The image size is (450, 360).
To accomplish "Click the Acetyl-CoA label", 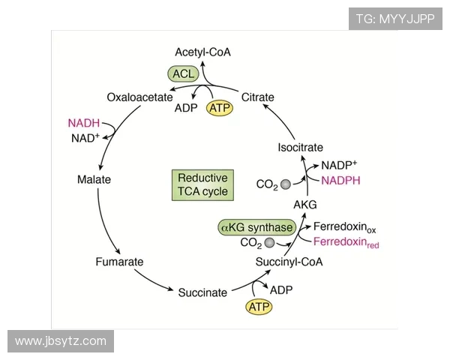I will click(202, 52).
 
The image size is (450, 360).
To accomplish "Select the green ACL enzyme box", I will click(182, 73).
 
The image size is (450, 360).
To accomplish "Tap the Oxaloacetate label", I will click(140, 97).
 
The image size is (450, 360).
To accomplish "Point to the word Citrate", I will click(258, 97).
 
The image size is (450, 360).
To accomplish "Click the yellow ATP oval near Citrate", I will click(220, 108).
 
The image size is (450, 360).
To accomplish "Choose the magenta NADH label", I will click(84, 123).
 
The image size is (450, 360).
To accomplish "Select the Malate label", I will click(94, 180).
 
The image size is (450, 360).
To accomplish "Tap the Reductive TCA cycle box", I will click(202, 184).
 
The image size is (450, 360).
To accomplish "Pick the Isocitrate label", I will click(300, 148).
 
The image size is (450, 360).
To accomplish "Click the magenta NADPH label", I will click(341, 180).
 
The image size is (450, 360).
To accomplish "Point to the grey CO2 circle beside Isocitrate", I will click(285, 183).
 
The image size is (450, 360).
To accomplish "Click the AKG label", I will click(305, 204).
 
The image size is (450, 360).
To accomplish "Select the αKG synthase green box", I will click(256, 226).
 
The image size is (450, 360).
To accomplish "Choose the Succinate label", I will click(202, 292).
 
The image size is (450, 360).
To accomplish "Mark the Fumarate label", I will click(119, 262).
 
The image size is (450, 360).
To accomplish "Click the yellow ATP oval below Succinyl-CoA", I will click(257, 307).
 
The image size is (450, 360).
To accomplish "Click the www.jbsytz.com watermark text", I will click(61, 341).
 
